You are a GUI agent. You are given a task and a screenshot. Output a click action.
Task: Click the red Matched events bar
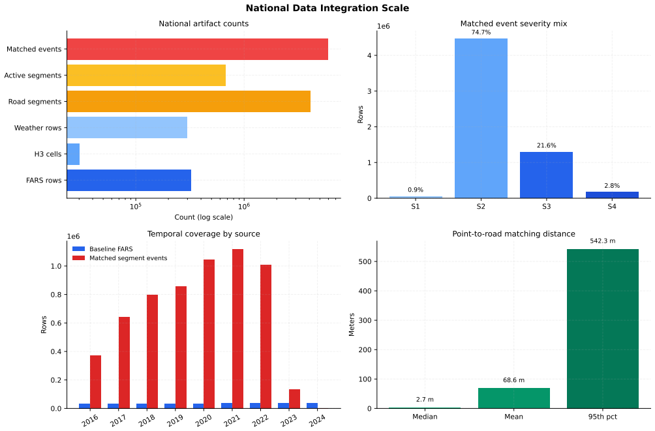198,50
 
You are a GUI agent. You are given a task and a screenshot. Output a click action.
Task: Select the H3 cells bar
74,154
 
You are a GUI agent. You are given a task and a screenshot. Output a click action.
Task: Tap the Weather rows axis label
38,128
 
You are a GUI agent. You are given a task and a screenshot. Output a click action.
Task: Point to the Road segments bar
189,102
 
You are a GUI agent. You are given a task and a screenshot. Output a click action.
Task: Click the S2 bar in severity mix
481,118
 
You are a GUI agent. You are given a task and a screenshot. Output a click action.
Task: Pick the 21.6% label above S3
547,145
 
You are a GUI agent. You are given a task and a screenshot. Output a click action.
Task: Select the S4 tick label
612,206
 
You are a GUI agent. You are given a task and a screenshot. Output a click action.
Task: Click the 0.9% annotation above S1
416,190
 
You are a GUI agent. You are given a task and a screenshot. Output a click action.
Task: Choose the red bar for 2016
96,381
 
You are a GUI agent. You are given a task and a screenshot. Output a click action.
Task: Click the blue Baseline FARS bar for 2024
312,406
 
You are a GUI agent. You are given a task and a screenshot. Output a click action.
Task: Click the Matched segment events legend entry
120,258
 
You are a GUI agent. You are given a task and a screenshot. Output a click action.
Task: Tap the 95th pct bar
603,329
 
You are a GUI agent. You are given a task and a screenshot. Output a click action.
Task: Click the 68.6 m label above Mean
514,380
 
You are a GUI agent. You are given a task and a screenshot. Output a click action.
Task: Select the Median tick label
425,417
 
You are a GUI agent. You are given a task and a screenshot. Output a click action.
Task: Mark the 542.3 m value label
603,241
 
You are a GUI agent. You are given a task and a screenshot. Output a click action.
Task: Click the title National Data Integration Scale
327,8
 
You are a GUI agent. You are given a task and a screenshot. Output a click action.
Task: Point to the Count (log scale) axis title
204,217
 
